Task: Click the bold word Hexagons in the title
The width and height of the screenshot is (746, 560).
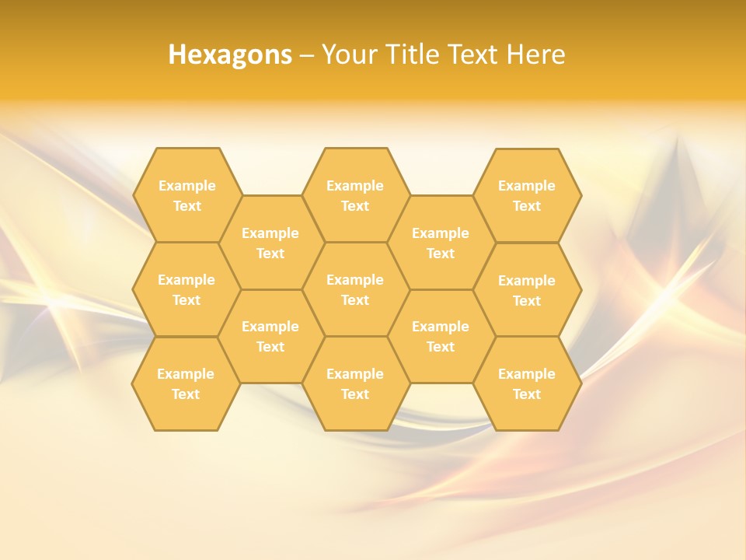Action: coord(230,54)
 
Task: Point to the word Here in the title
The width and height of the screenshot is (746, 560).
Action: coord(535,54)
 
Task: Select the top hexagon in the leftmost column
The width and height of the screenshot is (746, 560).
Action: coord(186,195)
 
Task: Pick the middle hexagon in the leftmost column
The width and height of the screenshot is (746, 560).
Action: coord(186,289)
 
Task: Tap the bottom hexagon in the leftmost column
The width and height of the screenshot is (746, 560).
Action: coord(186,383)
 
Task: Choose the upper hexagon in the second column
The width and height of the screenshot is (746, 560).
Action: coord(270,243)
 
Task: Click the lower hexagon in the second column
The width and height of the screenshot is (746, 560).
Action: coord(270,336)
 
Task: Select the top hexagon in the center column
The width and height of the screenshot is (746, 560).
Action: coord(355,195)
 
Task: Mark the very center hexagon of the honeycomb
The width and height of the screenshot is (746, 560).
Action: coord(355,289)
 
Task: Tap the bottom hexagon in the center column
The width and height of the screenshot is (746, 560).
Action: coord(355,383)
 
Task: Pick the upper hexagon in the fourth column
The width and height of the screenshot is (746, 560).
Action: coord(441,243)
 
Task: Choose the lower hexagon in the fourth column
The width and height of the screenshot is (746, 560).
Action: coord(441,336)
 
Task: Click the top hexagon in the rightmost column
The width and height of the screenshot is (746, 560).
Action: coord(527,195)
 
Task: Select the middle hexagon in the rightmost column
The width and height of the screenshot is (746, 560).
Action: coord(527,290)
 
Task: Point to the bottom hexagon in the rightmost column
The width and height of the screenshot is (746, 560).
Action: coord(527,383)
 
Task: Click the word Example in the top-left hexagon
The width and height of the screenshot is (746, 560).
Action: coord(186,186)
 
